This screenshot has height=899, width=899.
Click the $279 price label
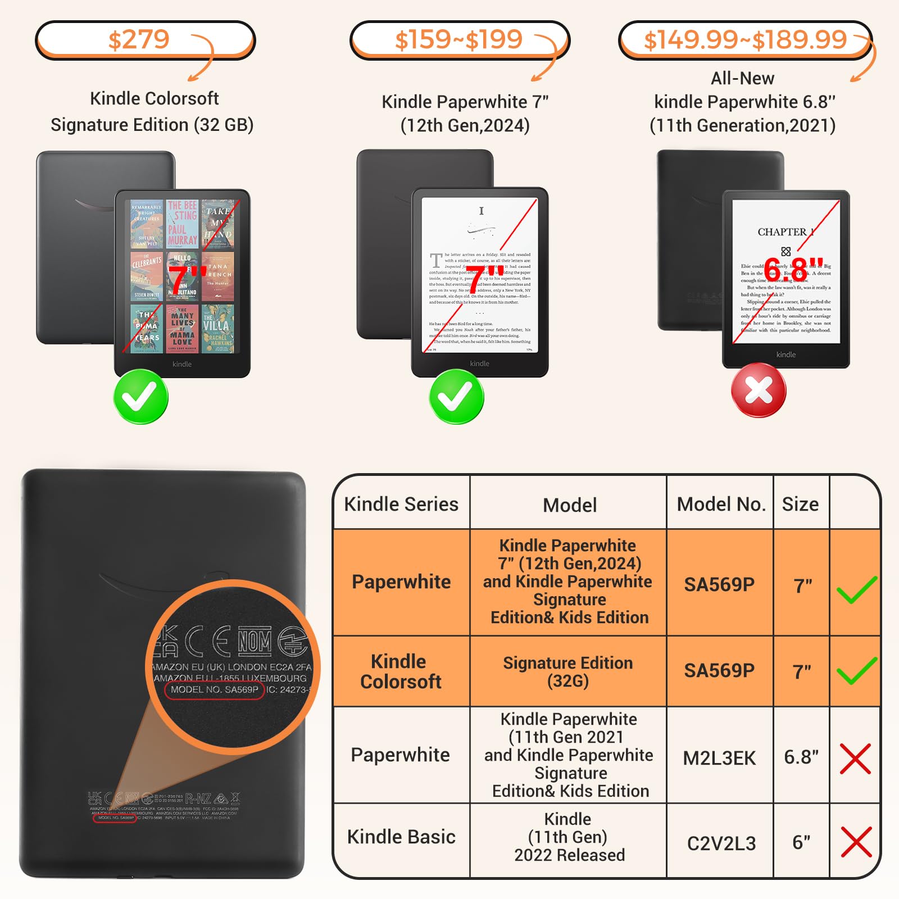(139, 40)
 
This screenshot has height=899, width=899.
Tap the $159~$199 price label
(458, 40)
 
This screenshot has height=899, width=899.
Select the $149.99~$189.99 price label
(745, 40)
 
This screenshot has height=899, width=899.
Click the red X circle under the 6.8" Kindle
(759, 390)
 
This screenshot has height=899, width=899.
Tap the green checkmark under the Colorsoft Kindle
(140, 397)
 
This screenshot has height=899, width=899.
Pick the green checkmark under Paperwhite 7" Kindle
(456, 397)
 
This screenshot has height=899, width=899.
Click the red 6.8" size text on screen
(793, 270)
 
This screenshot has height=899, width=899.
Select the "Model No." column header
(721, 504)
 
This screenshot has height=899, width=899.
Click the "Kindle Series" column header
(401, 504)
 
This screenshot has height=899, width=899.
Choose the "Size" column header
(800, 504)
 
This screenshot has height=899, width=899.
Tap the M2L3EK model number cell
(719, 758)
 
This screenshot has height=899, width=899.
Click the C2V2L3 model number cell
(721, 843)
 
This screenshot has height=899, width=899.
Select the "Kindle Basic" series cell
(401, 837)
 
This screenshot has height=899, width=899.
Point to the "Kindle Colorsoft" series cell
(401, 671)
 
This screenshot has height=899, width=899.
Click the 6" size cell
(801, 842)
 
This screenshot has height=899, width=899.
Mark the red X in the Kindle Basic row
(856, 842)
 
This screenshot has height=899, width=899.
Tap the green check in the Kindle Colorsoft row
(856, 671)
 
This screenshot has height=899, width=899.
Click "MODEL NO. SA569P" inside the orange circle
(215, 689)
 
